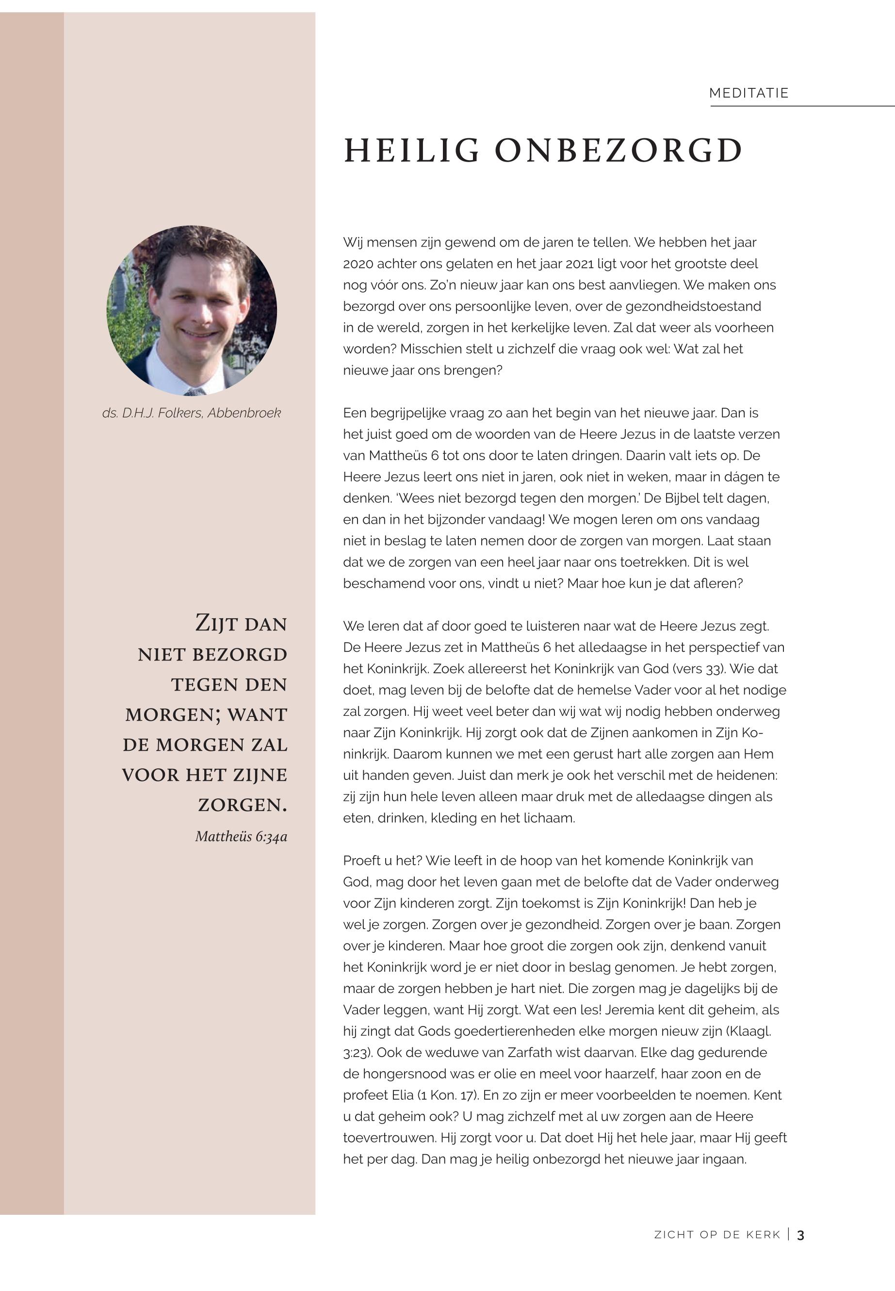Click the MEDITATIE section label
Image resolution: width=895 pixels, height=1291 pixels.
click(x=749, y=93)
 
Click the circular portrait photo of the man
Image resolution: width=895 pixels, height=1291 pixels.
click(x=191, y=310)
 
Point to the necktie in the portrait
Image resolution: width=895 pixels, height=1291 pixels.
click(x=194, y=392)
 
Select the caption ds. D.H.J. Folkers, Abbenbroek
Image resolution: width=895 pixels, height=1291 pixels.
click(x=191, y=413)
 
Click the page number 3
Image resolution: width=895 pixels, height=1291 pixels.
click(x=801, y=1235)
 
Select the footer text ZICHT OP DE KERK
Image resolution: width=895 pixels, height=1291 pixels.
click(x=717, y=1235)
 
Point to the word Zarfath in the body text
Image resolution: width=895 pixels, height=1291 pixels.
click(x=531, y=1053)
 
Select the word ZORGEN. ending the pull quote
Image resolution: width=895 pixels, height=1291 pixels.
click(x=242, y=805)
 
